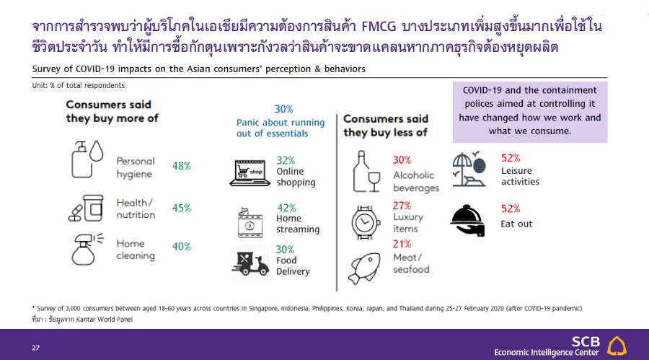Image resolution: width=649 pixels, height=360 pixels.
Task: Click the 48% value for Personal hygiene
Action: pos(181,166)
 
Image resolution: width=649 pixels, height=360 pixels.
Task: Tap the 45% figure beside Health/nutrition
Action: pos(181,208)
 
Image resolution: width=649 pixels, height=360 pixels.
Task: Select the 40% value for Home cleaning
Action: pos(181,247)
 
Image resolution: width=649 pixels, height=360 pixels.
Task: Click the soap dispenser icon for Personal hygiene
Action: pos(87,159)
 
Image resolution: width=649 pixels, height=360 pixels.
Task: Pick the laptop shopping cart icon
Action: pos(250,172)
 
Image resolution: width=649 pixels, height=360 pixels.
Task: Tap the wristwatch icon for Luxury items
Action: pos(365,222)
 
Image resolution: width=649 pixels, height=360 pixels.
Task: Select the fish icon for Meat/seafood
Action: pos(364,268)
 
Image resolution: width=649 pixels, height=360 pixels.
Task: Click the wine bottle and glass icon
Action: pos(366,171)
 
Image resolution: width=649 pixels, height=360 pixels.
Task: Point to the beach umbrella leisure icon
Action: pos(469,170)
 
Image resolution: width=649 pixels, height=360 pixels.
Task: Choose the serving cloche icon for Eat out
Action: pos(467,220)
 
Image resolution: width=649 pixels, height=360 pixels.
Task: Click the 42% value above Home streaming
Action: pos(286,208)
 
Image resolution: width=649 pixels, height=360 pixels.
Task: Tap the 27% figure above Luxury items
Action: pos(402,206)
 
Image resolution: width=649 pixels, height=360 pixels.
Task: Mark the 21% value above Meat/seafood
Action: pos(402,244)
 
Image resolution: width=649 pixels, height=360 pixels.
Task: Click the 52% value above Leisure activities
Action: pos(511,158)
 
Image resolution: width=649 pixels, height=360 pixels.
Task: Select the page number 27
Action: pos(35,348)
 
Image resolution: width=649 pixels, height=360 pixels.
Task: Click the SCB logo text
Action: pos(586,342)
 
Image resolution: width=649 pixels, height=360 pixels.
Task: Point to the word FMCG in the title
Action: pos(379,27)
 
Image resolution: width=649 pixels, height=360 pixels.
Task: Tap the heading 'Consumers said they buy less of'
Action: pos(386,126)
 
